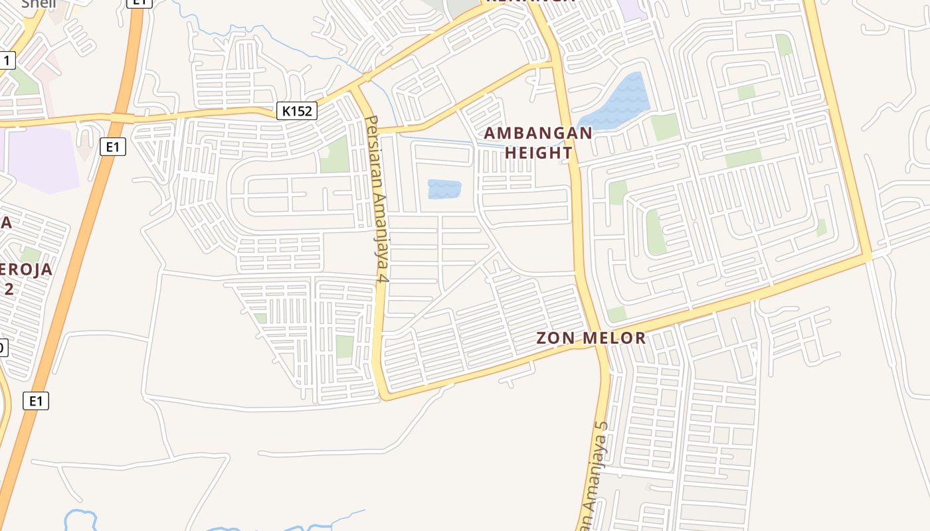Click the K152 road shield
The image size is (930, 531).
pos(296,111)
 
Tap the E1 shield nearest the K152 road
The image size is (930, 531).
pos(112,147)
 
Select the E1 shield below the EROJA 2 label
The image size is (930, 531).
pos(36,401)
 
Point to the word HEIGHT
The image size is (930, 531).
pos(539,153)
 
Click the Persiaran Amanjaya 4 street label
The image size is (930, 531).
pos(376,199)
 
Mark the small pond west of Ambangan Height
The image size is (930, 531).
pos(444,189)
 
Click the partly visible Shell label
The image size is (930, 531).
pos(39,3)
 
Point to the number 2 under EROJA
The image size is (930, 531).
pos(9,289)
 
